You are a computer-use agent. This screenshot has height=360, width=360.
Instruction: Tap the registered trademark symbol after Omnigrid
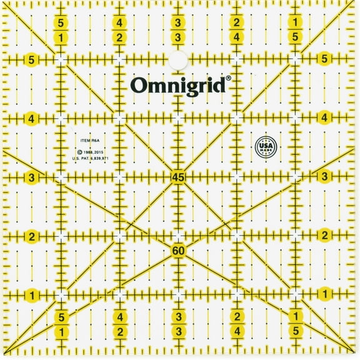(229, 79)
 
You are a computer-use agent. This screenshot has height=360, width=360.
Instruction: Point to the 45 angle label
(178, 177)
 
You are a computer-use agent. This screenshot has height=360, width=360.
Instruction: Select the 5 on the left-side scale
(32, 60)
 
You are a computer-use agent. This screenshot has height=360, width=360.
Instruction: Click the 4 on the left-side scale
(32, 118)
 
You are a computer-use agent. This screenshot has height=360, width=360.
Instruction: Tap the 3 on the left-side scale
(32, 177)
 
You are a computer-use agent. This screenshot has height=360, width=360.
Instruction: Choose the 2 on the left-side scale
(32, 236)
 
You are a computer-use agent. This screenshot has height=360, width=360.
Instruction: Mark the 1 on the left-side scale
(32, 294)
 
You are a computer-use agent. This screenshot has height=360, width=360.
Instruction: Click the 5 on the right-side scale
(324, 59)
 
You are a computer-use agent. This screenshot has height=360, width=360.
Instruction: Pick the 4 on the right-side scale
(324, 117)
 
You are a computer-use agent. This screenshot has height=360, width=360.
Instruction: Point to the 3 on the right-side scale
(324, 176)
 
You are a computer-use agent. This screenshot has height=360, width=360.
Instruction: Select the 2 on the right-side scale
(324, 235)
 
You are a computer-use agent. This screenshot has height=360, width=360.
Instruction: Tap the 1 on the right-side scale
(324, 293)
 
